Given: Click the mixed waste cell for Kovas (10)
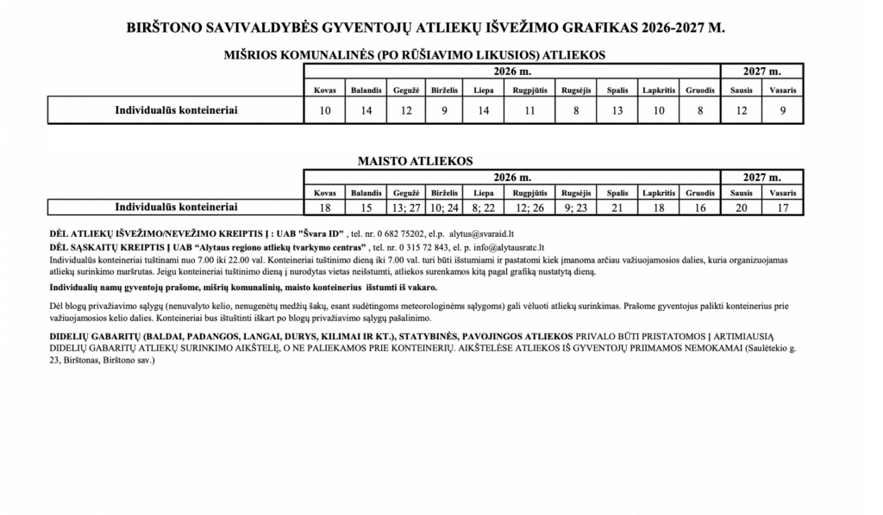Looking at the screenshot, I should (325, 110).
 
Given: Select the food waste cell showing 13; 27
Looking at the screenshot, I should (405, 208).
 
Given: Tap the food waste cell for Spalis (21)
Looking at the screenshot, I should (617, 208).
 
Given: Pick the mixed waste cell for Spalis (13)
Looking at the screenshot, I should (617, 110).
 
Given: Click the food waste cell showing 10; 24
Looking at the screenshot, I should (444, 208).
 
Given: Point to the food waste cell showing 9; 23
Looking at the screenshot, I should (575, 208).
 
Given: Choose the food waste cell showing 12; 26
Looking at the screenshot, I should (529, 208).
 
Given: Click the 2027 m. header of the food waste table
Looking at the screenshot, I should (761, 177).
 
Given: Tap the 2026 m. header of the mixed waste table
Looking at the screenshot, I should (512, 71).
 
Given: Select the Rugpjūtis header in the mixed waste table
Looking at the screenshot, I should (529, 90).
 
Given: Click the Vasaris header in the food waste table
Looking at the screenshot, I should (782, 193).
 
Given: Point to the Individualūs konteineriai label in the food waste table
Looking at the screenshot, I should (176, 208).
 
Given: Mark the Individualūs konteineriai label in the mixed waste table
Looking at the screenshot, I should (176, 110).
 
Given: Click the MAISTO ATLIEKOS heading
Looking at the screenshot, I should (415, 161).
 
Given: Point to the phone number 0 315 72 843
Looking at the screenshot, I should (416, 246).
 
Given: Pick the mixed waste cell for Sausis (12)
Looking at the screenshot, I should (741, 110).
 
